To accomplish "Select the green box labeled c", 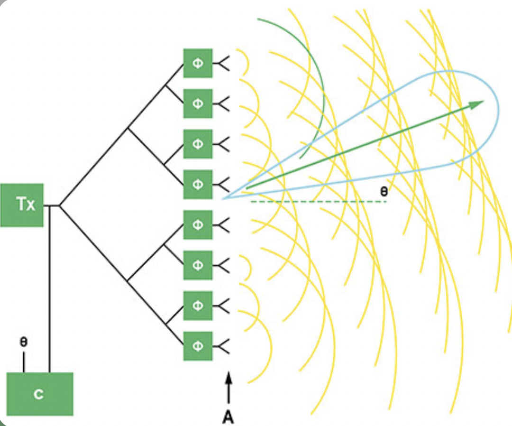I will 40,394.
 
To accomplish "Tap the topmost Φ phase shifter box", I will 198,63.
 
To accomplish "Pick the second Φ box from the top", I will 198,103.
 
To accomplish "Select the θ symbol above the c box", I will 24,342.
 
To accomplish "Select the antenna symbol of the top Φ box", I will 221,63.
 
